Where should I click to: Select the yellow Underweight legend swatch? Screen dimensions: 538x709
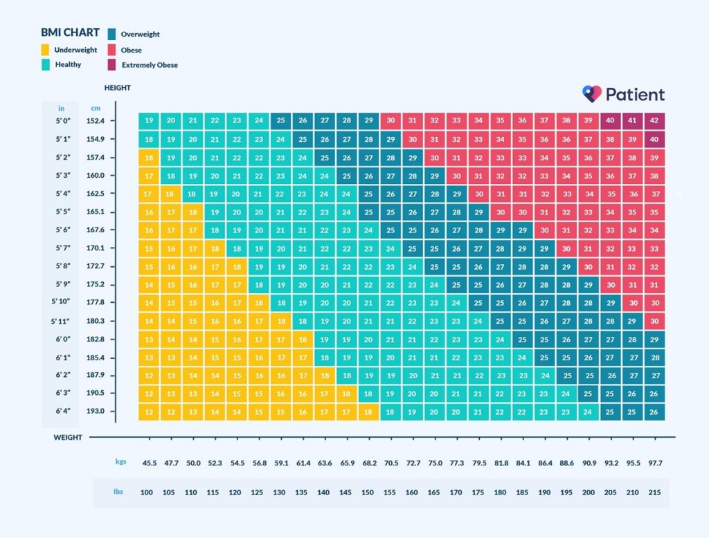pyautogui.click(x=45, y=50)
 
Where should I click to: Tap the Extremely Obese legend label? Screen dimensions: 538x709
pyautogui.click(x=150, y=65)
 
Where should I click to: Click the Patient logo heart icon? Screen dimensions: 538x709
pyautogui.click(x=591, y=94)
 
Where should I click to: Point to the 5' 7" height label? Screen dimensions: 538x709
pyautogui.click(x=62, y=248)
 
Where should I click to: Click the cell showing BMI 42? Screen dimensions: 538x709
pyautogui.click(x=654, y=120)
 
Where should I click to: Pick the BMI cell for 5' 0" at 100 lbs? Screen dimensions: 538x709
pyautogui.click(x=149, y=120)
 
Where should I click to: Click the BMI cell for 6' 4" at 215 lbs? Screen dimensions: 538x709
pyautogui.click(x=654, y=411)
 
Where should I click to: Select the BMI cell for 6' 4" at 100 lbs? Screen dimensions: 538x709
pyautogui.click(x=149, y=411)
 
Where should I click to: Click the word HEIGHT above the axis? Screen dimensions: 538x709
pyautogui.click(x=118, y=88)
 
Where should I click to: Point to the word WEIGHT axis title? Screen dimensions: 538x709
pyautogui.click(x=68, y=437)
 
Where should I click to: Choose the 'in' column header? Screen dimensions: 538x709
pyautogui.click(x=61, y=108)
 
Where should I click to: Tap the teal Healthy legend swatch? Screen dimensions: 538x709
pyautogui.click(x=45, y=64)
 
